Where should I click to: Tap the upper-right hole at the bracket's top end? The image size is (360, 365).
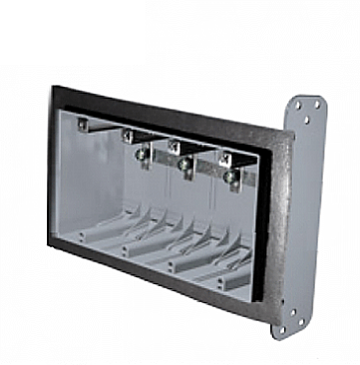point(316,102)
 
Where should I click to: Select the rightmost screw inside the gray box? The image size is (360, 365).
point(231,177)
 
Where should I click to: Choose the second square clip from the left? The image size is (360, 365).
point(128,133)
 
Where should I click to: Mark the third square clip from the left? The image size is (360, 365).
point(174,146)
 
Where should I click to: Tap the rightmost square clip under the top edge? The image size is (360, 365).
point(225,158)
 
